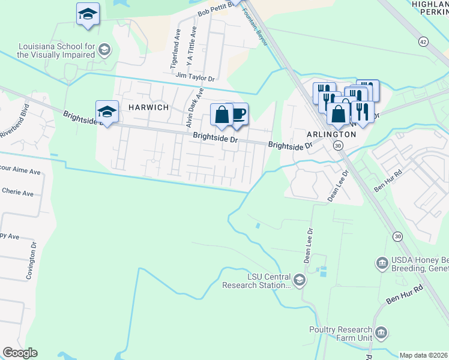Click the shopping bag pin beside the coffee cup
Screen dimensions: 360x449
[221, 115]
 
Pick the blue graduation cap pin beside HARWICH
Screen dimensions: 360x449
[107, 112]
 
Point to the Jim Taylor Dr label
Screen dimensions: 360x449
[195, 77]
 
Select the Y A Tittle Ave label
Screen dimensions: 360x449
[191, 46]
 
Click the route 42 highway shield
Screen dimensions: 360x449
[424, 41]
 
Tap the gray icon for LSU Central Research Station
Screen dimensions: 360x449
[299, 280]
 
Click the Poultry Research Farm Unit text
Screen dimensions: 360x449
[341, 334]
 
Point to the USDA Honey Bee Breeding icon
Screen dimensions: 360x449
[381, 263]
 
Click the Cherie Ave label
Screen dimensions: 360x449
[19, 193]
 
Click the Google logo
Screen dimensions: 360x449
[20, 353]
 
